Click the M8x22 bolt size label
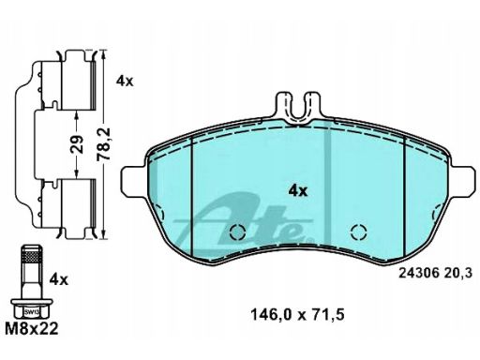32,329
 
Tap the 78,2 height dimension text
103,144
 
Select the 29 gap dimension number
77,144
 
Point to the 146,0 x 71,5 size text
297,315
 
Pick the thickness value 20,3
457,274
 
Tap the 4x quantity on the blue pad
298,190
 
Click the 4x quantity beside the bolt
58,280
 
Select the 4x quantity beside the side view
125,82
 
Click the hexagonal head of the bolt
31,308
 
